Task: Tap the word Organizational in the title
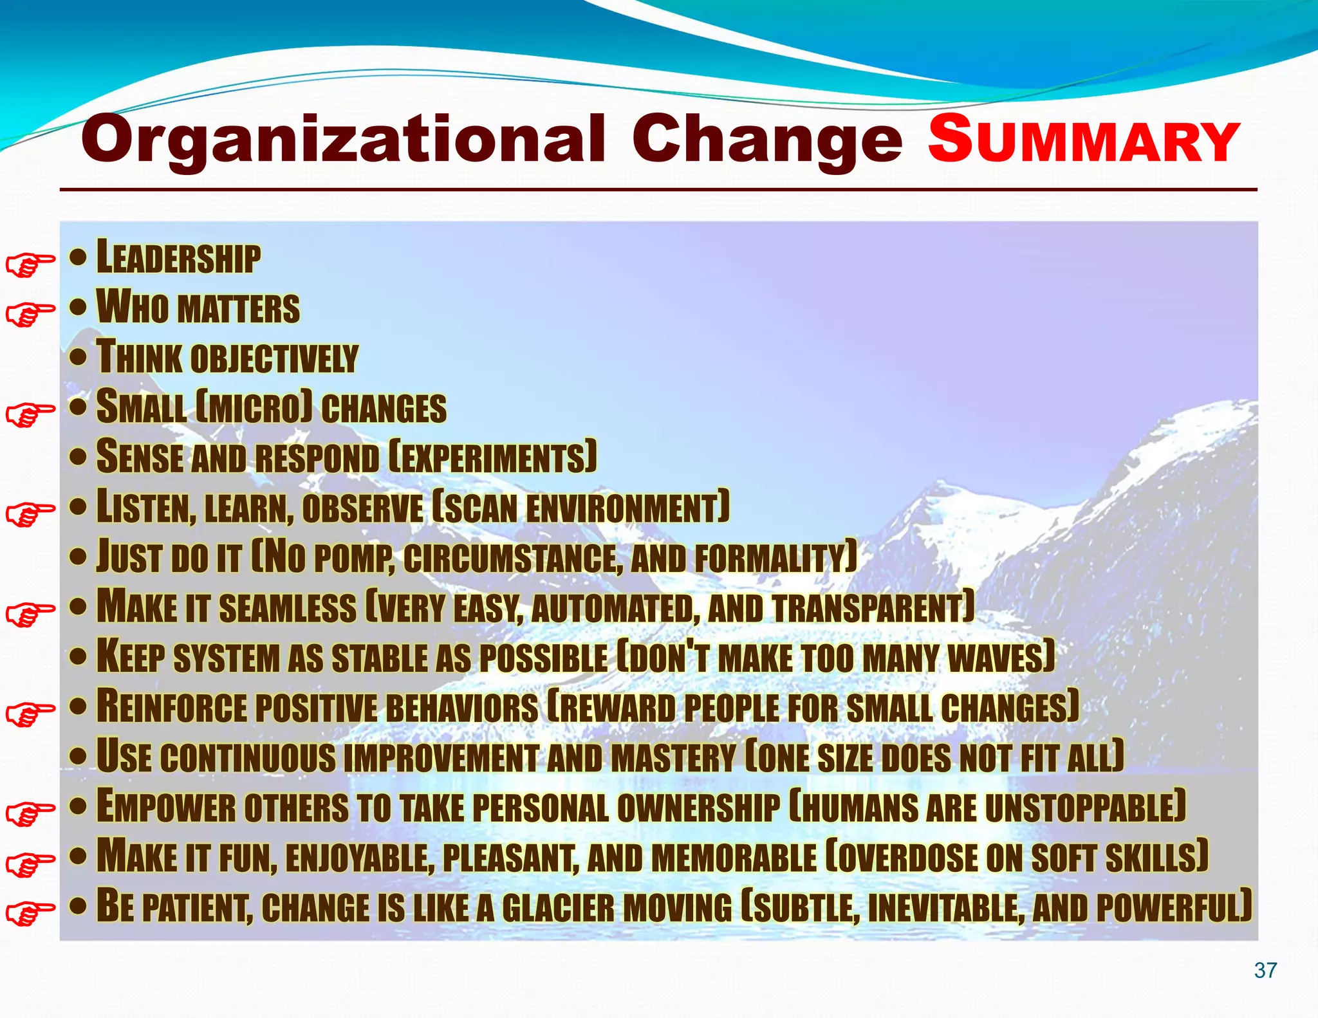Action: point(343,140)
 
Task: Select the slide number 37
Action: point(1265,970)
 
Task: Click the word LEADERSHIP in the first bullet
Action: point(179,257)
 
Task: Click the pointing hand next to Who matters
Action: point(30,315)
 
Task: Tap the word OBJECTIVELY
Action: point(274,358)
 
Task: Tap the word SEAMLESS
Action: point(288,608)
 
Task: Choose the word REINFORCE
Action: point(172,707)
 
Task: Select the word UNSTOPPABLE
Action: point(1085,807)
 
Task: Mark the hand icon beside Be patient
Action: point(30,913)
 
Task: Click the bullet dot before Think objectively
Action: point(78,357)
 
